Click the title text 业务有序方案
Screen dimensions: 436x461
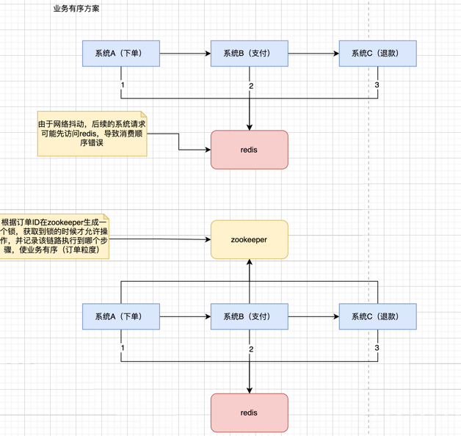(77, 10)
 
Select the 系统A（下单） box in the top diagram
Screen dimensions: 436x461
(120, 54)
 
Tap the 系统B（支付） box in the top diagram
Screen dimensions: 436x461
(250, 54)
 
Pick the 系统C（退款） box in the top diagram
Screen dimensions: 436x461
(377, 54)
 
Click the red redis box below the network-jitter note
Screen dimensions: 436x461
(250, 149)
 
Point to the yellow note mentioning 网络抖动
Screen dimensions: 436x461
(92, 134)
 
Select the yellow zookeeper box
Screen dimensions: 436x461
(250, 239)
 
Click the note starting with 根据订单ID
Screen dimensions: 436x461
(54, 237)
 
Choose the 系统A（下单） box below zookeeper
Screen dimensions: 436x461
(120, 316)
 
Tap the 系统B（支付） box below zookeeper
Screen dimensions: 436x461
(250, 316)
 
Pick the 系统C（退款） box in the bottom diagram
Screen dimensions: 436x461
(377, 316)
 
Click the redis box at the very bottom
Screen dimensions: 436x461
(250, 413)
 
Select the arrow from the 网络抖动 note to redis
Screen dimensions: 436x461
(180, 143)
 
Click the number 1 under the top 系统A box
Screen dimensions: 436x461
(123, 86)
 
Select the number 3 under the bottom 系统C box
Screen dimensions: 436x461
(377, 346)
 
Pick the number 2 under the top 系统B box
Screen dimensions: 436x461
(251, 87)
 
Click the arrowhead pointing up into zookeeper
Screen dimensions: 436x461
(250, 264)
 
